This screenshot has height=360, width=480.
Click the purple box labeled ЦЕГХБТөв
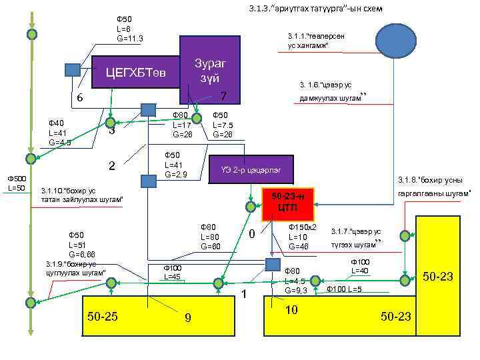click(x=137, y=71)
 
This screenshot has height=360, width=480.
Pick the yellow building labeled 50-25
click(x=103, y=315)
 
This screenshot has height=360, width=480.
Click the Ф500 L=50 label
click(x=16, y=183)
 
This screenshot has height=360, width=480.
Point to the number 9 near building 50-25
click(x=187, y=317)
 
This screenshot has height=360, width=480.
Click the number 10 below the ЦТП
click(x=291, y=311)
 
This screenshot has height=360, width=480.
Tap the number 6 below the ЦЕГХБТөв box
click(x=79, y=97)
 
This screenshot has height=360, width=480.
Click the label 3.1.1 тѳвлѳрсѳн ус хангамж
click(x=317, y=40)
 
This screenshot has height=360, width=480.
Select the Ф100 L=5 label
click(x=344, y=289)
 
